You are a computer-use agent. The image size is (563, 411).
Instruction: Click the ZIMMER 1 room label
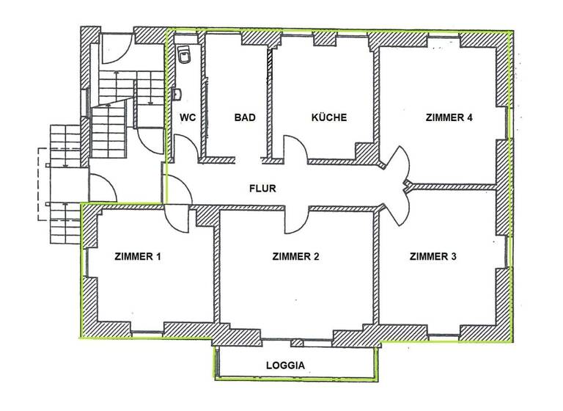point(138,257)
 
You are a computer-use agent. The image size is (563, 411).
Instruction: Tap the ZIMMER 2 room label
point(295,257)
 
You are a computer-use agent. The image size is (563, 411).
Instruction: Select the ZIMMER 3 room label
point(433,257)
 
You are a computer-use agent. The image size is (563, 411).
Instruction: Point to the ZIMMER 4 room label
point(449,117)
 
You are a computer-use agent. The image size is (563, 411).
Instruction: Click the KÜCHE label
point(328,117)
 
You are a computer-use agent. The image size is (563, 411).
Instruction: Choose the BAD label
point(244,117)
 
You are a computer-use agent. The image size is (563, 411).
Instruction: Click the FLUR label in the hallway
point(262,189)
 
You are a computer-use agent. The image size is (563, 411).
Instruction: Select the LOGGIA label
point(286,364)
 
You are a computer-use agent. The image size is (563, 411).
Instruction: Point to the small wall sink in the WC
point(177,94)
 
